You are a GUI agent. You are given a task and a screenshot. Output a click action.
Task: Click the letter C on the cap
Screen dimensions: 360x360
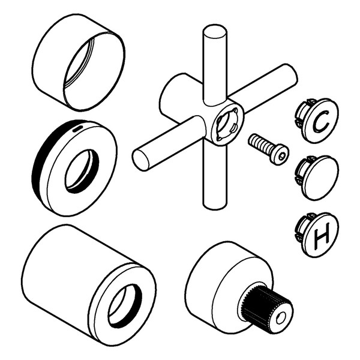321,121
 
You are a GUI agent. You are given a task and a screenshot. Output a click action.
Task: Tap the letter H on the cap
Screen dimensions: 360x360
322,235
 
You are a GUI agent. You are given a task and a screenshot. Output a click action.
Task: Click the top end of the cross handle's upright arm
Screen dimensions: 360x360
215,31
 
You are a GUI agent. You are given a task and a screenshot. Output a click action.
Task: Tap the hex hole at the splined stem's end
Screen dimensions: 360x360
281,318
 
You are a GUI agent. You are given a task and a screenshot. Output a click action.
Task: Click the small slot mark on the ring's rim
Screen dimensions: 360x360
77,128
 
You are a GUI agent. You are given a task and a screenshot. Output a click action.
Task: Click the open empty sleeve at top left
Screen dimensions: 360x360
79,62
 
